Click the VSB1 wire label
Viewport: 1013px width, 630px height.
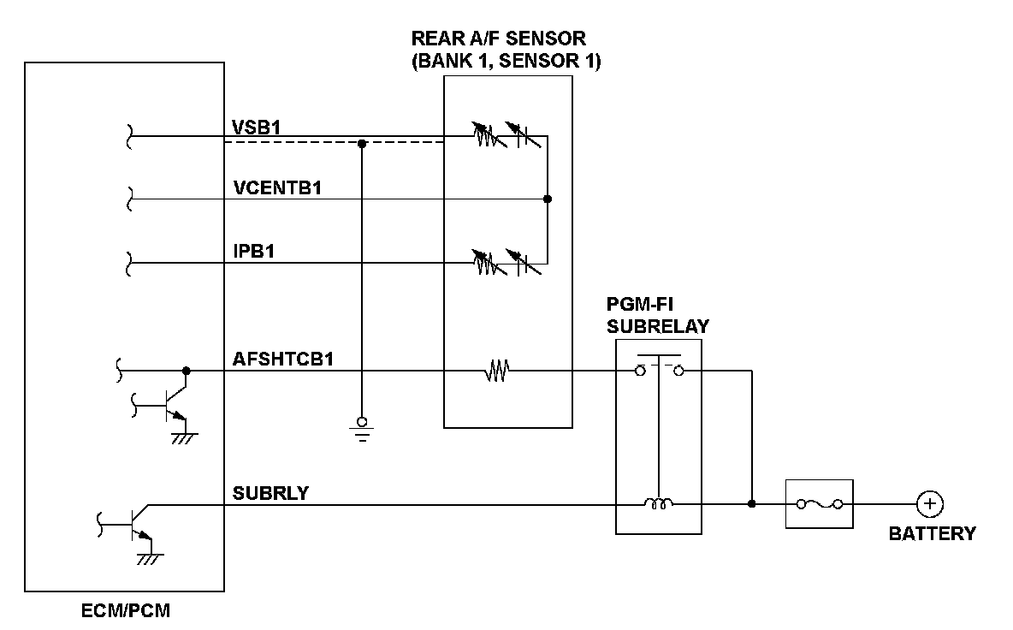[x=257, y=127]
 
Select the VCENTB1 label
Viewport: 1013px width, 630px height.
[x=276, y=188]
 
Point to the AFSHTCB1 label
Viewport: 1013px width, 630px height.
[x=283, y=360]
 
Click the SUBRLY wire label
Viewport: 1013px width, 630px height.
[x=270, y=493]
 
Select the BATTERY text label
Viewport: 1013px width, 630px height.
[x=932, y=534]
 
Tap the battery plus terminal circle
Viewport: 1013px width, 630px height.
[x=929, y=504]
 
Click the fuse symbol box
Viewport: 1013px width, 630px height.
[x=819, y=504]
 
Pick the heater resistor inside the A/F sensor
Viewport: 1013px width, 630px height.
[x=497, y=371]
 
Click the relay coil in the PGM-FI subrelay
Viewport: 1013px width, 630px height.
[x=659, y=504]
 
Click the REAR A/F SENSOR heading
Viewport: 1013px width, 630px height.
[x=505, y=50]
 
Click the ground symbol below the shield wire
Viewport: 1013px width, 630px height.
[x=362, y=429]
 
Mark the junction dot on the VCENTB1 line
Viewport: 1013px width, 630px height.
[x=548, y=199]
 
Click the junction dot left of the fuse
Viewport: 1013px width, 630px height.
[x=751, y=504]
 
